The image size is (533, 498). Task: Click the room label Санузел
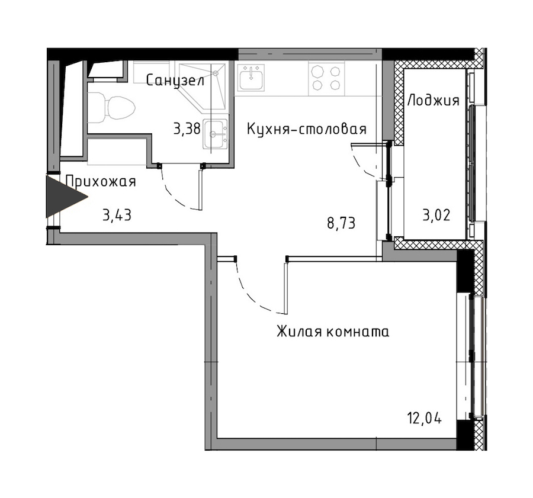pos(175,81)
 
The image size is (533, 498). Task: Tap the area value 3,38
pos(187,129)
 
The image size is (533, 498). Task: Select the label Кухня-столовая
pos(307,129)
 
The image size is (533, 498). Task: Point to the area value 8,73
pos(341,223)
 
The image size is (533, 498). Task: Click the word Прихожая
pos(101,182)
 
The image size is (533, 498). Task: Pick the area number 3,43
pos(117,215)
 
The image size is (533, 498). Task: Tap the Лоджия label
pos(434,101)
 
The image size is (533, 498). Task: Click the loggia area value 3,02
pos(436,215)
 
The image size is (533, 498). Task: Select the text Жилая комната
pos(333,332)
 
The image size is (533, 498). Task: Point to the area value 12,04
pos(425,419)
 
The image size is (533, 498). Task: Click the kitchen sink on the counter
pos(251,77)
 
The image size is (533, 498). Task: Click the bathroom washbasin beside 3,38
pos(215,134)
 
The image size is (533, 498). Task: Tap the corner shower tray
pos(203,86)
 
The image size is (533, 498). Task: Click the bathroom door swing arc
pos(174,193)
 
